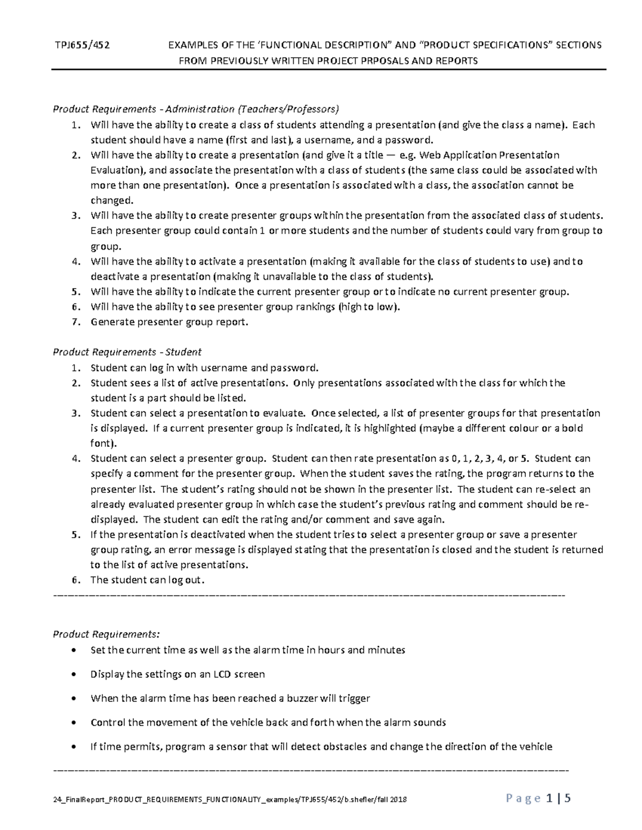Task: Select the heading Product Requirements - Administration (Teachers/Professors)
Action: [x=196, y=110]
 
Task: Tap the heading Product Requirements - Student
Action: [x=127, y=352]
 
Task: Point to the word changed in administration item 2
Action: [x=110, y=201]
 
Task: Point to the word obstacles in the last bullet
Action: [x=348, y=747]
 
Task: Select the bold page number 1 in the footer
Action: [x=550, y=799]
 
